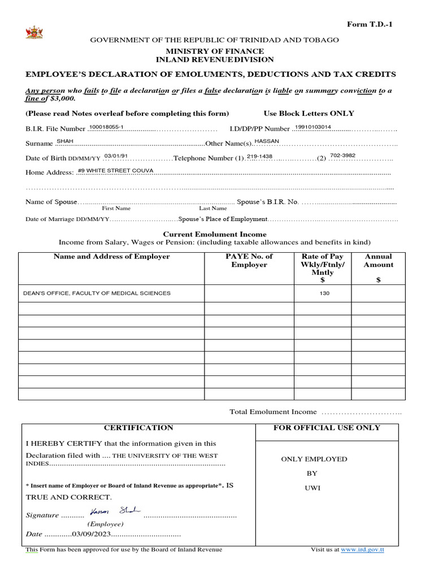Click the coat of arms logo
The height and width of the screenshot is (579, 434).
33,32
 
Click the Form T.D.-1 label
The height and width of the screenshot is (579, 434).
369,24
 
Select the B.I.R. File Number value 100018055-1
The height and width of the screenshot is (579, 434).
107,127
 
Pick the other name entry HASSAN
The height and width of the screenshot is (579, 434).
267,141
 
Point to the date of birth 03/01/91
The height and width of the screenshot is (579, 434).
116,155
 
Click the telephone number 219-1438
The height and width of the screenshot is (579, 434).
259,155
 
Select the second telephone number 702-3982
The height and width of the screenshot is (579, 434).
342,155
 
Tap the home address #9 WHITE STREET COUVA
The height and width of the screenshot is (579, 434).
115,170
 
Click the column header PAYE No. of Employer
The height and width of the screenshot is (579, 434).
249,261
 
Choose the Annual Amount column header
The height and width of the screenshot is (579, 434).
378,261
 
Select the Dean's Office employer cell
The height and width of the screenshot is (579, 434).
97,293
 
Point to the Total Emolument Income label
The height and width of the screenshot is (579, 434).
273,412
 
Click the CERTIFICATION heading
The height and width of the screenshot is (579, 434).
138,428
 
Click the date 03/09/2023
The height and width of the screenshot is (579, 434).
92,534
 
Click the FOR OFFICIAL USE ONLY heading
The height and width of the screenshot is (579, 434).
327,428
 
